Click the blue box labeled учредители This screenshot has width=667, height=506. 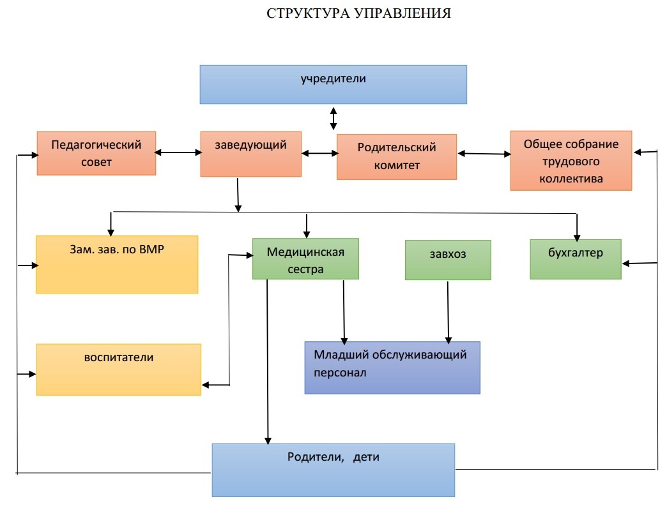pyautogui.click(x=333, y=84)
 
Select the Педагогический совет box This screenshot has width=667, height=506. pyautogui.click(x=96, y=153)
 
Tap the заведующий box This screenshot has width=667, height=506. pyautogui.click(x=250, y=154)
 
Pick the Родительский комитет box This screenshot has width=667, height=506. pyautogui.click(x=397, y=157)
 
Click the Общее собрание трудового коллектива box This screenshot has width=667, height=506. pyautogui.click(x=571, y=161)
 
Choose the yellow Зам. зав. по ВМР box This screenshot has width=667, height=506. pyautogui.click(x=117, y=264)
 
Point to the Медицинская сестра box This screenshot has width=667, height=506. pyautogui.click(x=305, y=258)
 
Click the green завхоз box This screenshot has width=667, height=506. pyautogui.click(x=448, y=260)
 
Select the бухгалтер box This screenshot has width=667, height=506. pyautogui.click(x=576, y=259)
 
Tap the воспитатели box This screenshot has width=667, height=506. pyautogui.click(x=119, y=369)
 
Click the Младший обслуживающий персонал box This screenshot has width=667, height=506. pyautogui.click(x=392, y=368)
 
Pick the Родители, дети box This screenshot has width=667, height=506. pyautogui.click(x=333, y=470)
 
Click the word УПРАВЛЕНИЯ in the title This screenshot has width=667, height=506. pyautogui.click(x=402, y=13)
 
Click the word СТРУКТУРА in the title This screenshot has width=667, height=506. pyautogui.click(x=309, y=13)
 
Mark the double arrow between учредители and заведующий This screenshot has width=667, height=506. pyautogui.click(x=333, y=119)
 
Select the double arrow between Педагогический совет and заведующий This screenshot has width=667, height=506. pyautogui.click(x=178, y=152)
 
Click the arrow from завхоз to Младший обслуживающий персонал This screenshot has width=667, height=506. pyautogui.click(x=448, y=312)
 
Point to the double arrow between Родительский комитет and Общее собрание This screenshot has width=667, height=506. pyautogui.click(x=484, y=154)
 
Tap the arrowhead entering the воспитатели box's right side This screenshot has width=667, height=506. pyautogui.click(x=206, y=385)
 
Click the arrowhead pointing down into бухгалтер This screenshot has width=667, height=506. pyautogui.click(x=577, y=237)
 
